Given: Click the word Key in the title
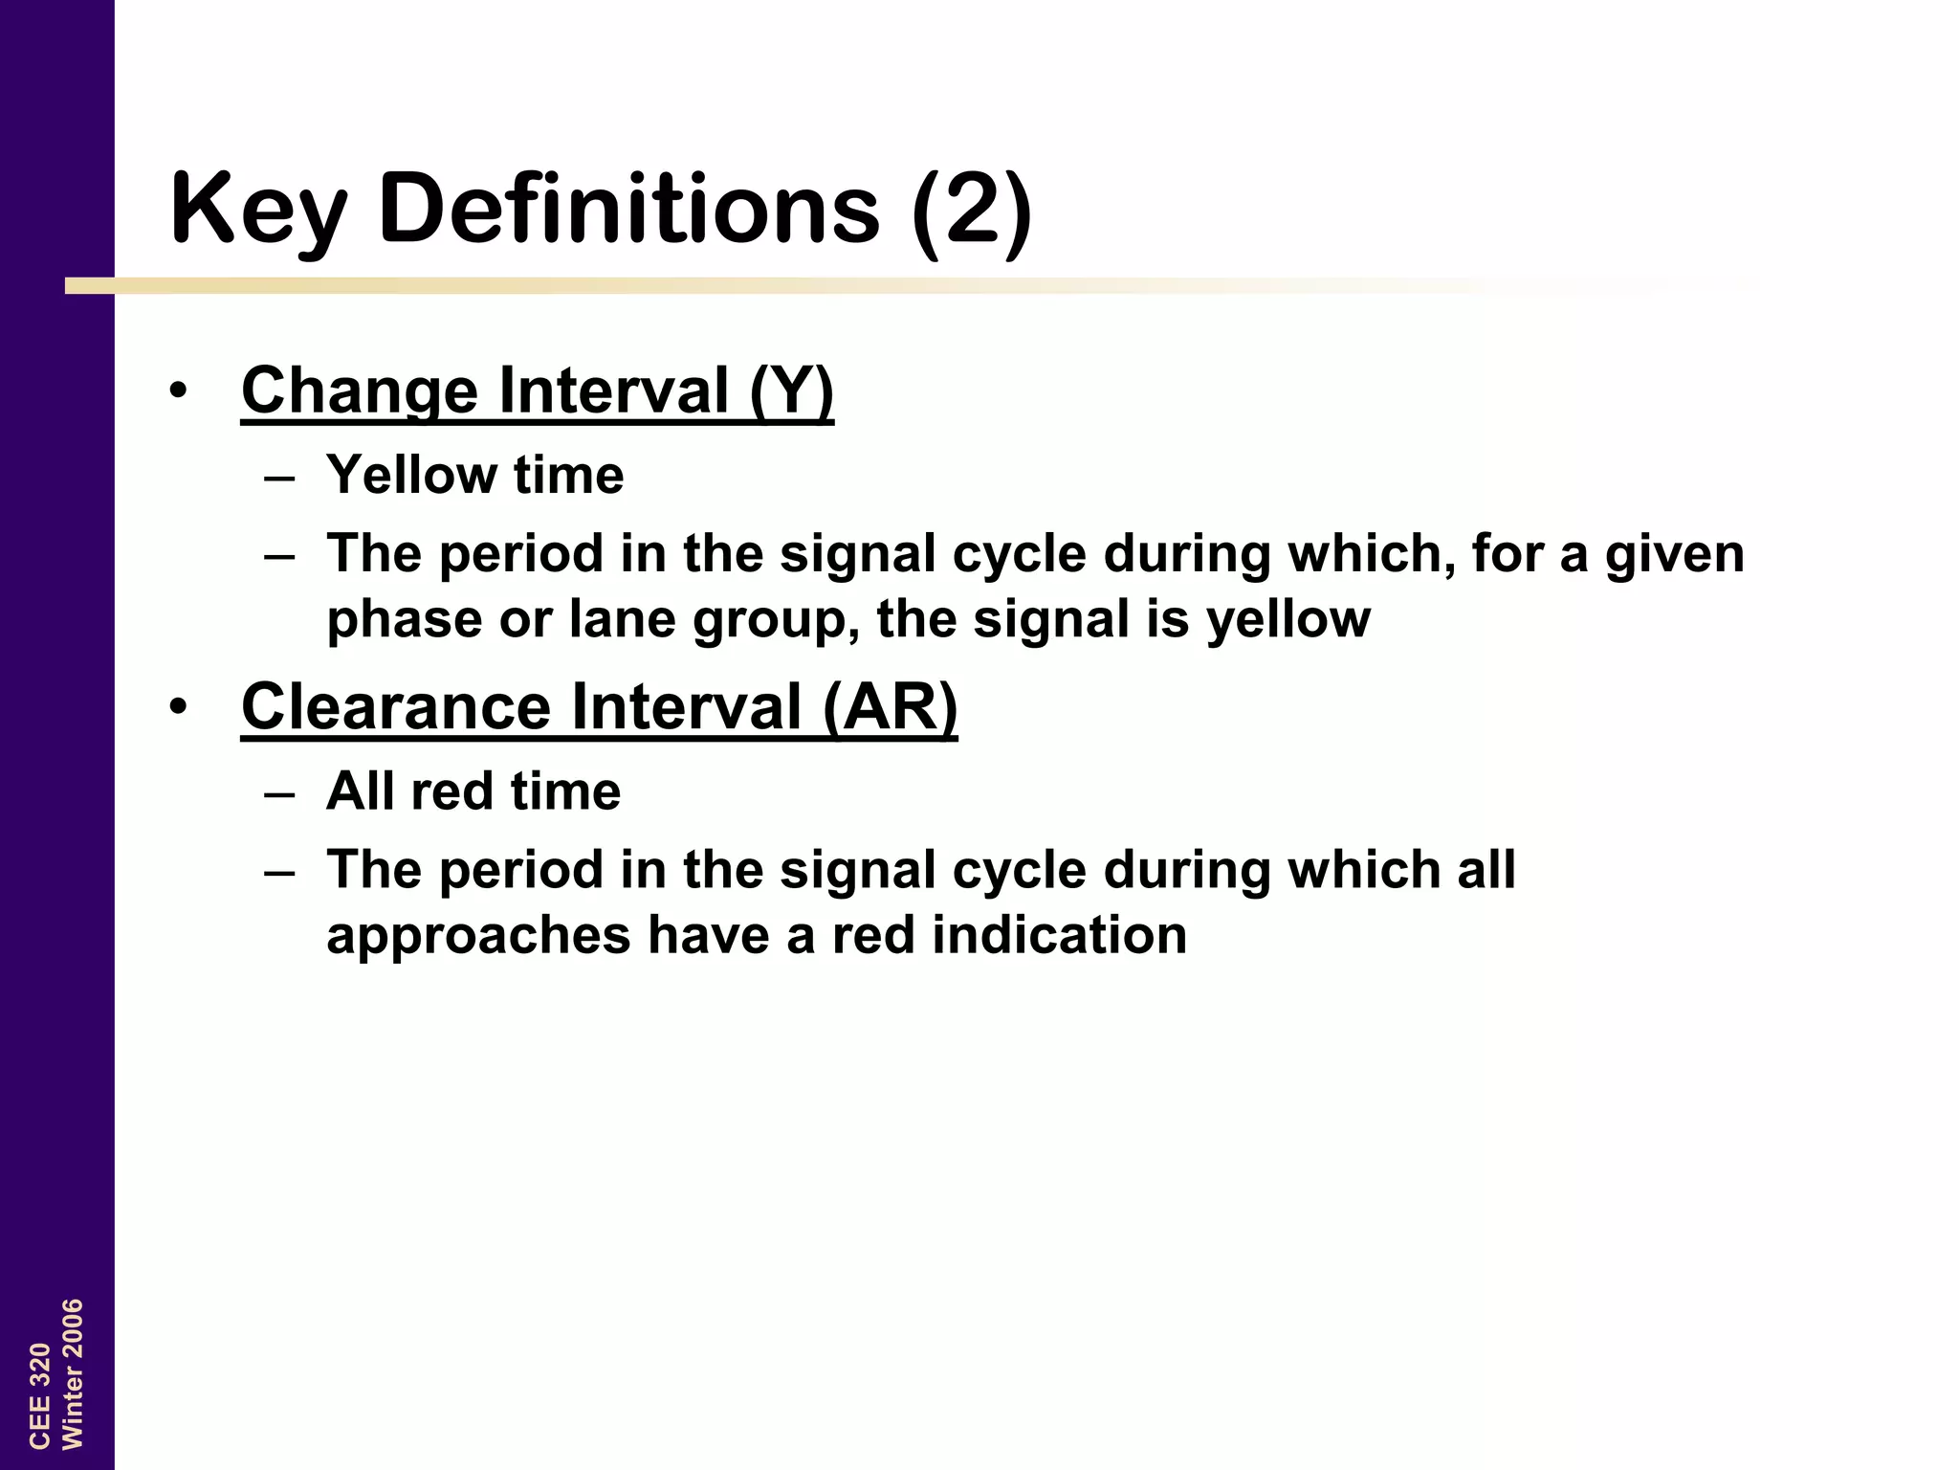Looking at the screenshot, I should coord(256,209).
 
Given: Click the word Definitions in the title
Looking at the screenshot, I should coord(628,209).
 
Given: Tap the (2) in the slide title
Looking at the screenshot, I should coord(972,209).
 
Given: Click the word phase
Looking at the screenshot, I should coord(404,620).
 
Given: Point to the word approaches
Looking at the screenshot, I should coord(478,936).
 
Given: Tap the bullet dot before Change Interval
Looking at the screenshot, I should coord(178,391).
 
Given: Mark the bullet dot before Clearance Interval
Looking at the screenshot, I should coord(178,707).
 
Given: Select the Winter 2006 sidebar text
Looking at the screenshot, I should coord(73,1374).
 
